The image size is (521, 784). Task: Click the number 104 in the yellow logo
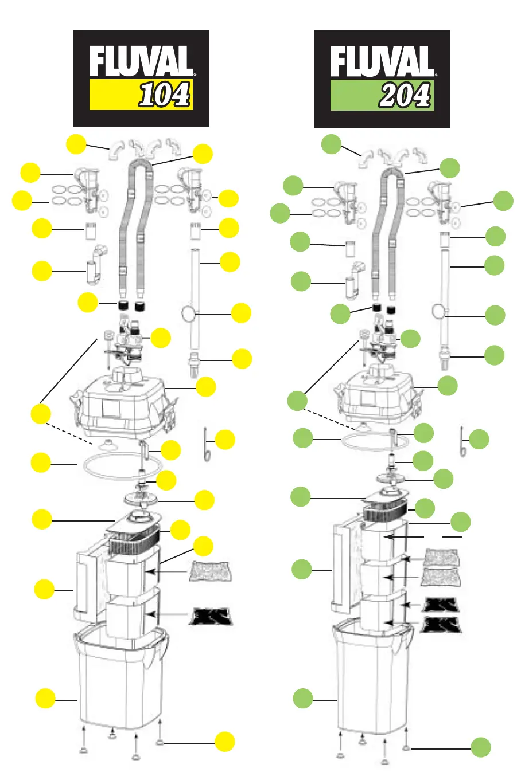pos(165,95)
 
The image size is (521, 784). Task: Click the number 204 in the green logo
pos(405,95)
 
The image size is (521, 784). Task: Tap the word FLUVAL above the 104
pos(141,62)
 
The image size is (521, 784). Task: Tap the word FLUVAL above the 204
pos(382,62)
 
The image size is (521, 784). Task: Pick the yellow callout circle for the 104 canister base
pos(45,699)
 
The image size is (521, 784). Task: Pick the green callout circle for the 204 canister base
pos(303,699)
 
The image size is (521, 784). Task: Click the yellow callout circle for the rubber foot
pos(225,742)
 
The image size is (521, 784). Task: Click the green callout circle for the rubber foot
pos(481,747)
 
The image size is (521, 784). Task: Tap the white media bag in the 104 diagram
pos(210,572)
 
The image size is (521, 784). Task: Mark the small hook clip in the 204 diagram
pos(462,442)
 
